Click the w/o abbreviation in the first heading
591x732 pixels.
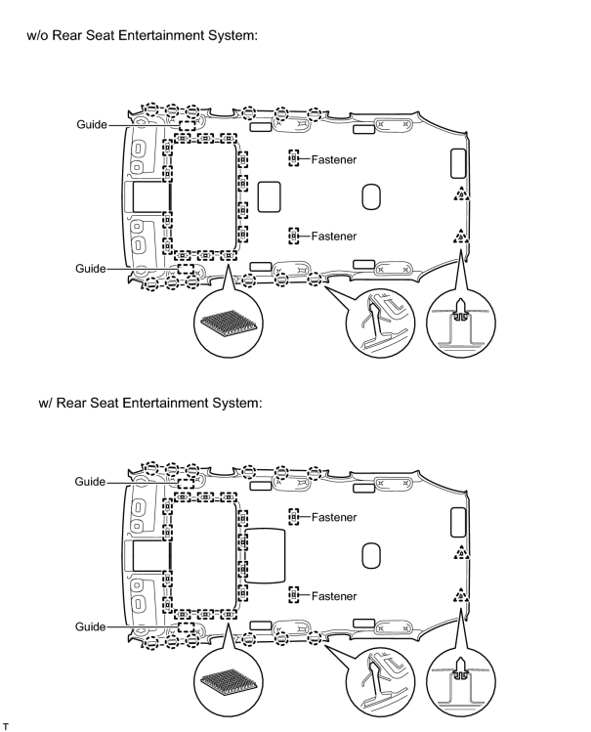[x=37, y=35]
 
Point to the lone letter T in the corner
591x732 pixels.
[x=5, y=726]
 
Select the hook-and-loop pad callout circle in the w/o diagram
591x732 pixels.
[x=229, y=323]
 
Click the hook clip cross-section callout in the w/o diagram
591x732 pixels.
[x=380, y=323]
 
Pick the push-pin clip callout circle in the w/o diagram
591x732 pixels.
[x=461, y=323]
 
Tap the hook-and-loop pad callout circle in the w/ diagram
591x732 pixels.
[x=229, y=681]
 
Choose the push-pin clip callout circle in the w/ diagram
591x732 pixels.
[x=461, y=681]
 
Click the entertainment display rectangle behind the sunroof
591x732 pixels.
[x=265, y=556]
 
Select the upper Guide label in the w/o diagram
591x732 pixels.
[x=92, y=125]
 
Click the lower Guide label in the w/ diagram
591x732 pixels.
[x=91, y=626]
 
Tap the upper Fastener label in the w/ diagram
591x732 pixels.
[x=334, y=517]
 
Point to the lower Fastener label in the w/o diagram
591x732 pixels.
[x=334, y=237]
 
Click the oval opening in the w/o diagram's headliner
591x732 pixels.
[x=371, y=197]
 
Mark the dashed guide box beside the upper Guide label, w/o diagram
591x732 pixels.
[x=188, y=125]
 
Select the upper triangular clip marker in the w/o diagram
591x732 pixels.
[x=461, y=194]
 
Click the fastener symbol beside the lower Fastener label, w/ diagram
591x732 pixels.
[x=293, y=595]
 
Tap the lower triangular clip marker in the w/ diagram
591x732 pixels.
[x=461, y=596]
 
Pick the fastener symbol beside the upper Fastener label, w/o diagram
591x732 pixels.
[x=293, y=158]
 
